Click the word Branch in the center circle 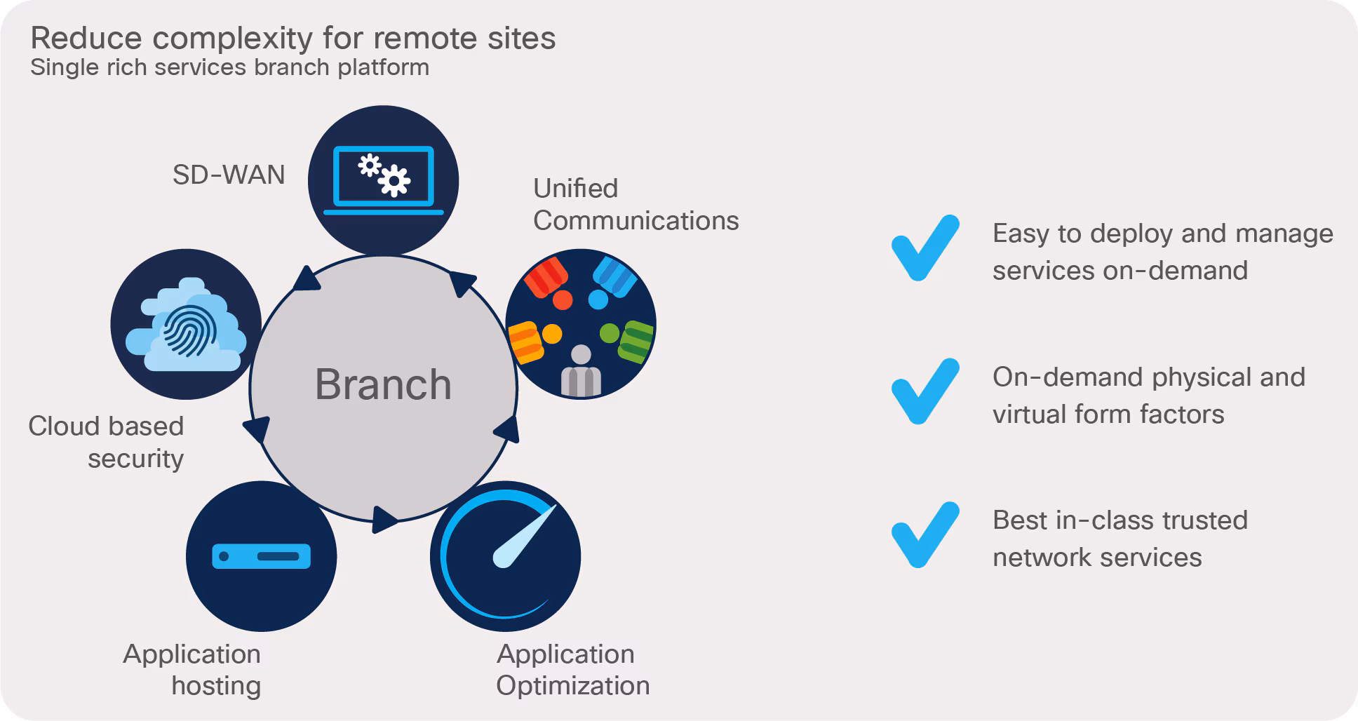pyautogui.click(x=383, y=384)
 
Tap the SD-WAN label pyautogui.click(x=229, y=175)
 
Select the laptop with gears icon pyautogui.click(x=383, y=180)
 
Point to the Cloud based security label pyautogui.click(x=107, y=442)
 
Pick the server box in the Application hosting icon pyautogui.click(x=261, y=556)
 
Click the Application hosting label pyautogui.click(x=192, y=669)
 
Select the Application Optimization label pyautogui.click(x=572, y=669)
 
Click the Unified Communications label pyautogui.click(x=636, y=204)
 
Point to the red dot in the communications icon pyautogui.click(x=563, y=299)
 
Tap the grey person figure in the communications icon pyautogui.click(x=581, y=372)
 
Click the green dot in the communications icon pyautogui.click(x=610, y=332)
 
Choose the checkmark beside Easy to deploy pyautogui.click(x=924, y=248)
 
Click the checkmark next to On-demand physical pyautogui.click(x=924, y=391)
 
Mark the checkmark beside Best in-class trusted pyautogui.click(x=924, y=534)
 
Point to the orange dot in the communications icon pyautogui.click(x=552, y=334)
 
